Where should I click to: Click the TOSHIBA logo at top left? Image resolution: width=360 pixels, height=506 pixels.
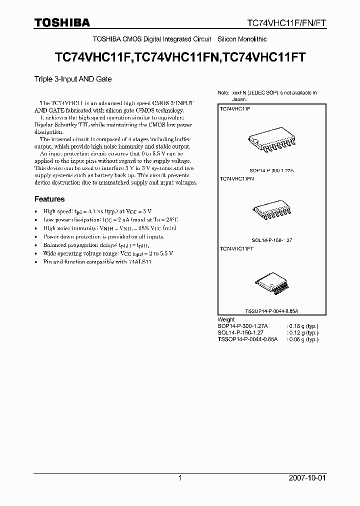click(x=62, y=22)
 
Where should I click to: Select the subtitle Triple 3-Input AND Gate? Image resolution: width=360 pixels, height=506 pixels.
click(x=73, y=79)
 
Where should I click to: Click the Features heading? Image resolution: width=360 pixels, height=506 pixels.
click(x=49, y=199)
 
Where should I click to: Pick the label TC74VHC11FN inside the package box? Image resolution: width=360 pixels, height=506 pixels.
click(x=237, y=178)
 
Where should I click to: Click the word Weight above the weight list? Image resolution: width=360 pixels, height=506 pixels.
click(x=226, y=319)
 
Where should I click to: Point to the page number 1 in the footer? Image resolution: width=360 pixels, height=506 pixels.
click(x=180, y=478)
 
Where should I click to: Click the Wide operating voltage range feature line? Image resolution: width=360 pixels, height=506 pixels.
click(x=108, y=253)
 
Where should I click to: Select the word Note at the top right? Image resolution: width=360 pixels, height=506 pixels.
click(x=223, y=93)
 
